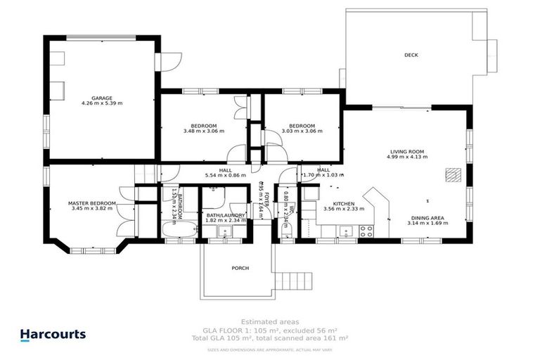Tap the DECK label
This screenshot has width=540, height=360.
[411, 55]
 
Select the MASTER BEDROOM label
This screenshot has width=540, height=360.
[92, 204]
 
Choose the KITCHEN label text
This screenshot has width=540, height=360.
[343, 204]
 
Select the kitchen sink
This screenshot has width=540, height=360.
[345, 230]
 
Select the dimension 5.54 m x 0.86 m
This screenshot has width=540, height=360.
[225, 176]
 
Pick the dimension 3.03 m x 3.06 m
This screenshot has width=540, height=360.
[302, 131]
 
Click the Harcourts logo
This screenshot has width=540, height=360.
[53, 335]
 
